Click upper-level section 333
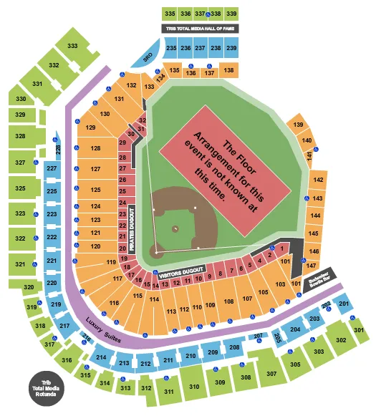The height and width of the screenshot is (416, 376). [72, 45]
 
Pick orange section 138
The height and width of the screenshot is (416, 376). [228, 71]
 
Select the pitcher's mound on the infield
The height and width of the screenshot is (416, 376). [175, 229]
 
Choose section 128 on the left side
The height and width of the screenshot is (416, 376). [95, 148]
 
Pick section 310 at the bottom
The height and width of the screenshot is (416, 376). [194, 387]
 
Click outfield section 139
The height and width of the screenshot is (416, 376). [298, 125]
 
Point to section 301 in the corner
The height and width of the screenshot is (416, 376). [359, 330]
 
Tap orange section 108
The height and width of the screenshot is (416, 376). [228, 301]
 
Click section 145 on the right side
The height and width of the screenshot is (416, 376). [313, 233]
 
